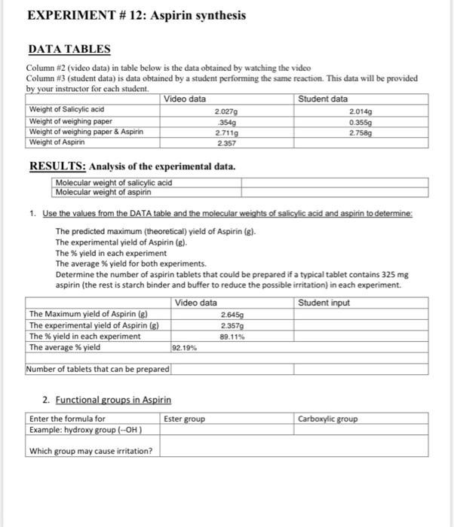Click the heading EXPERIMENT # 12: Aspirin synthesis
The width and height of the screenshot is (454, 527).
(137, 15)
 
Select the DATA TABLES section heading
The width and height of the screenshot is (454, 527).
(69, 50)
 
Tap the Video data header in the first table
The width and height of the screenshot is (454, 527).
(185, 99)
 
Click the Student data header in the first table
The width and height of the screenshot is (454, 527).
(323, 99)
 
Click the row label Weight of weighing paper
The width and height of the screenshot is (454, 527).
(70, 120)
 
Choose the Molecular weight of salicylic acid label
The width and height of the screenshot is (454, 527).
(114, 182)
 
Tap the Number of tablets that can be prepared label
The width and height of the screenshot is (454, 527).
(98, 369)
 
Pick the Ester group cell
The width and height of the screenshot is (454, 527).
(183, 419)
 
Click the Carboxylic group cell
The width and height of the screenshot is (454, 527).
(328, 419)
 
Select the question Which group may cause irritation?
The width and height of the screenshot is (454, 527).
(90, 451)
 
